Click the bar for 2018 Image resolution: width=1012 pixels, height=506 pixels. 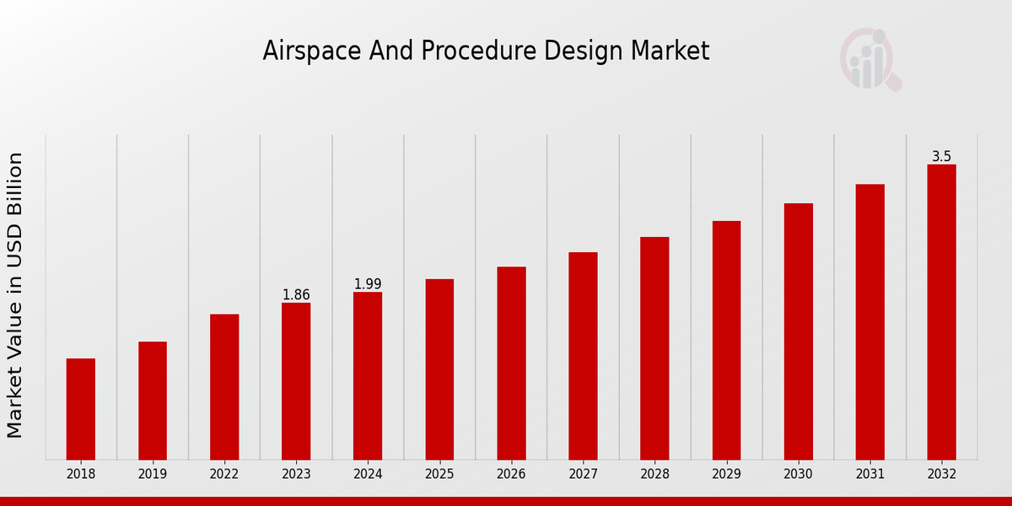click(81, 409)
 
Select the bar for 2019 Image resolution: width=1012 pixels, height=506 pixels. click(153, 401)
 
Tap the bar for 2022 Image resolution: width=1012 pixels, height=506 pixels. click(224, 387)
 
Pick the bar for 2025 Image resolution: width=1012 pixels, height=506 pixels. click(439, 369)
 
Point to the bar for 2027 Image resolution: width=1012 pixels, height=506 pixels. click(583, 356)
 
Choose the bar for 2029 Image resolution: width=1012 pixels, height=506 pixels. click(726, 340)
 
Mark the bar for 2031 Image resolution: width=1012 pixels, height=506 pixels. click(869, 322)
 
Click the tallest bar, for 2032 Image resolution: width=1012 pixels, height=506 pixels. click(941, 312)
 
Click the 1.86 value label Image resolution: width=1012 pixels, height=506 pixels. click(296, 295)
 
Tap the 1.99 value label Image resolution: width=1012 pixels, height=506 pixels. click(368, 284)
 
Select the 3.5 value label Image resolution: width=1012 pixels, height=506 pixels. click(941, 157)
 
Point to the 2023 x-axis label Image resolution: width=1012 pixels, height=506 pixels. click(296, 475)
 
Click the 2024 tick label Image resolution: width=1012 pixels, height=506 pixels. click(368, 475)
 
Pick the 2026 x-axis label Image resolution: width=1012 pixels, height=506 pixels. click(511, 475)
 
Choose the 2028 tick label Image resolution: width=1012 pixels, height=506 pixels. click(654, 475)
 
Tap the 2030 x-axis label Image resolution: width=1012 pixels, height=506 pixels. click(798, 475)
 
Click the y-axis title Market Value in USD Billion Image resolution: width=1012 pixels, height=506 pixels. click(15, 295)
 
